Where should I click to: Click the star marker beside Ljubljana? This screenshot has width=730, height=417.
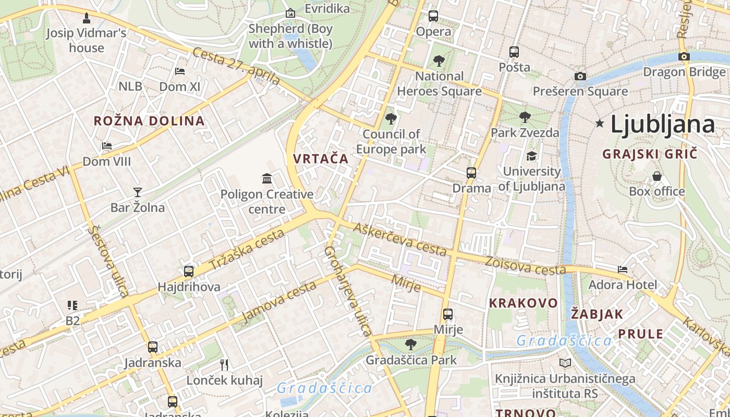pyautogui.click(x=600, y=124)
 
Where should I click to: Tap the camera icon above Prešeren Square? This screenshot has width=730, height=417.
pyautogui.click(x=580, y=77)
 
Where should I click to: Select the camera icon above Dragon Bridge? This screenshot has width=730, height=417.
pyautogui.click(x=684, y=56)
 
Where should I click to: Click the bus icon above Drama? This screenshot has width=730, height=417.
pyautogui.click(x=471, y=173)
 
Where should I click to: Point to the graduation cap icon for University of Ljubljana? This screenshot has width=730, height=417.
pyautogui.click(x=531, y=156)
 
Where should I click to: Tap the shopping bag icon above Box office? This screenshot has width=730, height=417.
pyautogui.click(x=657, y=176)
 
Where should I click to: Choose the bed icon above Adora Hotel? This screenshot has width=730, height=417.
pyautogui.click(x=623, y=269)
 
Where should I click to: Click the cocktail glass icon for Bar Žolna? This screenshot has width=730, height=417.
pyautogui.click(x=138, y=192)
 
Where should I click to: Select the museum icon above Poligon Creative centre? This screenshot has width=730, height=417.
pyautogui.click(x=267, y=179)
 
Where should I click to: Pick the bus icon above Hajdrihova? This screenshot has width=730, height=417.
pyautogui.click(x=189, y=272)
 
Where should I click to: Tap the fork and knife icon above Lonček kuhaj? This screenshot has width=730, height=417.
pyautogui.click(x=224, y=364)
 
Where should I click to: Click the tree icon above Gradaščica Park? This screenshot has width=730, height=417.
pyautogui.click(x=411, y=345)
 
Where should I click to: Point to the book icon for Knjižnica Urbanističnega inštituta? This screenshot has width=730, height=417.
pyautogui.click(x=565, y=363)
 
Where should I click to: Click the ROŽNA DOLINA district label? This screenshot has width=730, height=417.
pyautogui.click(x=149, y=121)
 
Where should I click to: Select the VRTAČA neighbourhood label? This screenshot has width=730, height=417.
pyautogui.click(x=321, y=159)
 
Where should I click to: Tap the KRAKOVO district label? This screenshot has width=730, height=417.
pyautogui.click(x=523, y=303)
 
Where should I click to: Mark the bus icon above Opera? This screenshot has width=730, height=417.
pyautogui.click(x=433, y=16)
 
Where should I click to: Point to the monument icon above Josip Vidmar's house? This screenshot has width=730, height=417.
pyautogui.click(x=87, y=18)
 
